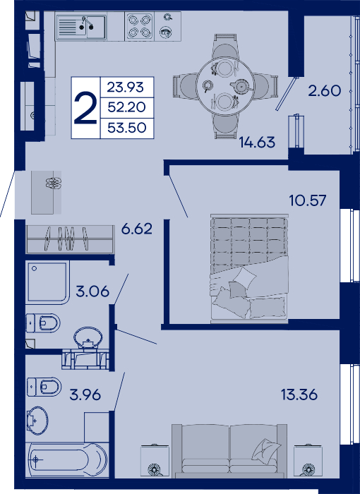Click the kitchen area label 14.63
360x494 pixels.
tap(257, 142)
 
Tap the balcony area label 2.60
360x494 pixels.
tap(325, 91)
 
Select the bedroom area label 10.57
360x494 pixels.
tap(308, 200)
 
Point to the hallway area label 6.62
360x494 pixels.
tap(137, 229)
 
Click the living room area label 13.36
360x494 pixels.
tap(299, 394)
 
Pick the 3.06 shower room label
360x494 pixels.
tap(92, 291)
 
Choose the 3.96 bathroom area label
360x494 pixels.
tap(85, 394)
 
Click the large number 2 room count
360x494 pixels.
tap(85, 108)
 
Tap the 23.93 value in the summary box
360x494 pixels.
tap(126, 87)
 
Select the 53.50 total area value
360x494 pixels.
tap(127, 128)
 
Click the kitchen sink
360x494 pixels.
tap(81, 27)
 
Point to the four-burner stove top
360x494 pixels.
tap(139, 26)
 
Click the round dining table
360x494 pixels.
tap(224, 86)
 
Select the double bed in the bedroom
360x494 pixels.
tap(249, 268)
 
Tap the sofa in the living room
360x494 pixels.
tap(229, 450)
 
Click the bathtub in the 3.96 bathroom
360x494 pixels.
tap(67, 459)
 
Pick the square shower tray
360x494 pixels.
tap(47, 282)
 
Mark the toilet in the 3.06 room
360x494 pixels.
tap(43, 323)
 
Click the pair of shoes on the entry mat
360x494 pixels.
tap(53, 183)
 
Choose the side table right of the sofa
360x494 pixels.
tap(307, 461)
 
